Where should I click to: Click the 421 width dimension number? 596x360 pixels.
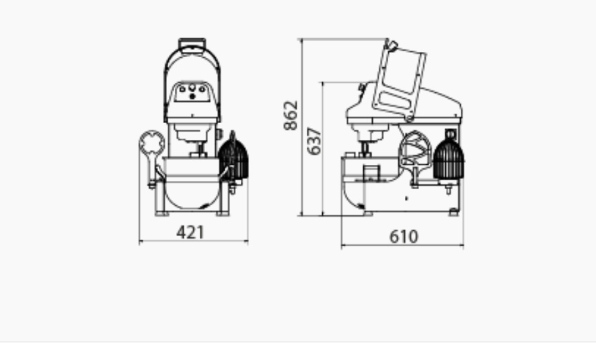pyautogui.click(x=190, y=232)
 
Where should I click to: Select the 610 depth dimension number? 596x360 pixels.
pyautogui.click(x=404, y=237)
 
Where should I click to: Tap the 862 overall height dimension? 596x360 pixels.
pyautogui.click(x=291, y=115)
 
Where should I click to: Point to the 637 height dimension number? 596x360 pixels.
pyautogui.click(x=314, y=141)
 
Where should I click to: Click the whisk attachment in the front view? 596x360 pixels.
pyautogui.click(x=233, y=157)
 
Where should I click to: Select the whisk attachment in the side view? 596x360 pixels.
pyautogui.click(x=449, y=159)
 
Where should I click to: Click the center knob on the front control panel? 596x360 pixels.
pyautogui.click(x=192, y=88)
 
